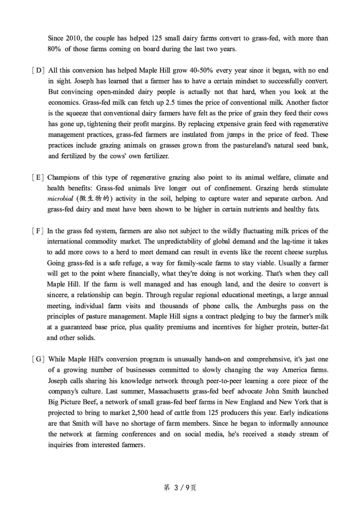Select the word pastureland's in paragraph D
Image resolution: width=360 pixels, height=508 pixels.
pyautogui.click(x=247, y=145)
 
